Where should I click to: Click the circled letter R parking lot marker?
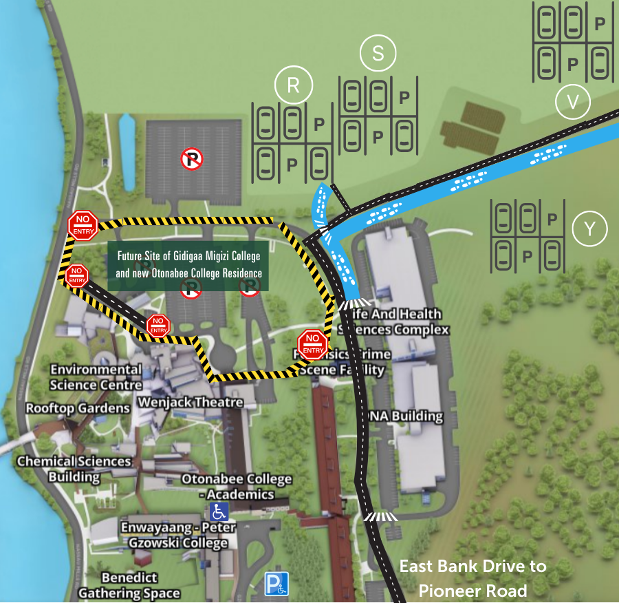pos(293,85)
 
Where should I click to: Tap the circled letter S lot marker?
pos(378,54)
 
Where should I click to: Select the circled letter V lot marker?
pos(573,102)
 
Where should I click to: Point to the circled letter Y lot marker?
pos(589,229)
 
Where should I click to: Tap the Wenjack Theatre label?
pos(191,402)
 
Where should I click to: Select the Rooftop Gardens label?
pos(78,408)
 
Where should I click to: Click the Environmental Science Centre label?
pos(96,377)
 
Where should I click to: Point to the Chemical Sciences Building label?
pos(74,469)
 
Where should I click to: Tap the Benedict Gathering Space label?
pos(129,585)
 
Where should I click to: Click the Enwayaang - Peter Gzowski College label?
pos(177,535)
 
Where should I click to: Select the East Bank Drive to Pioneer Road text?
pos(473,578)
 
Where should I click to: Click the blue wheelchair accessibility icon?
pos(219,511)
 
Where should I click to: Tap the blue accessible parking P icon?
pos(277,584)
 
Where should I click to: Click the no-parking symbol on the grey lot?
pos(191,160)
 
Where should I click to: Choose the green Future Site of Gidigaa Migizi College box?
pos(188,265)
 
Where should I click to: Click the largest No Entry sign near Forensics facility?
pos(312,344)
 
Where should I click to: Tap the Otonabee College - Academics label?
pos(237,487)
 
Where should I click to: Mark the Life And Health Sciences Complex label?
pos(393,321)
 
